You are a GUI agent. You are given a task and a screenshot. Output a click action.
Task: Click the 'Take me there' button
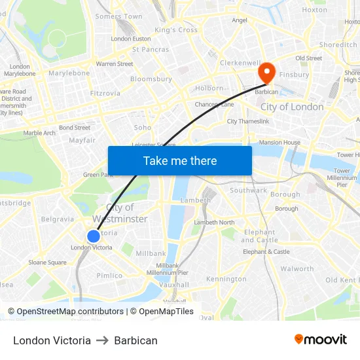[180, 160]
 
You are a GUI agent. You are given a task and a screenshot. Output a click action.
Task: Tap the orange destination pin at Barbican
[267, 72]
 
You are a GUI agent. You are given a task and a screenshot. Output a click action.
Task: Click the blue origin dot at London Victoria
[94, 236]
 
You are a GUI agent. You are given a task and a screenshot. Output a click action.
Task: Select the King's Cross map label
[175, 30]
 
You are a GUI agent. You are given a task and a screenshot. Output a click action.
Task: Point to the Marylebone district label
[69, 73]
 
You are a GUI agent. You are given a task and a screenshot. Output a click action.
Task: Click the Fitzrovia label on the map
[105, 93]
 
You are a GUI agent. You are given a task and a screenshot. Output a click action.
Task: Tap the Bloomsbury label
[151, 79]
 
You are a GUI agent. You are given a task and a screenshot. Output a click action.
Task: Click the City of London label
[292, 107]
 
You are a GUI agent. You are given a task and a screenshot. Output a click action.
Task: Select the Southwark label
[248, 190]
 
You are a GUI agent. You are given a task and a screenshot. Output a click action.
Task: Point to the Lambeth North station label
[214, 223]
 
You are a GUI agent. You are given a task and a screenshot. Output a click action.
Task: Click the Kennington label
[226, 279]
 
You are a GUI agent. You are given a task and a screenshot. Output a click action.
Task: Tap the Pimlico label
[109, 276]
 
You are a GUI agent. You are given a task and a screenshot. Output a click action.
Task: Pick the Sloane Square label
[47, 262]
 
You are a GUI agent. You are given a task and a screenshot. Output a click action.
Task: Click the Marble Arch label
[39, 133]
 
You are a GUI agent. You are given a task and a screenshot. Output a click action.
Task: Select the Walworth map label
[297, 268]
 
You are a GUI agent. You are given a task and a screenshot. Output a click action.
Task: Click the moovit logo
[321, 340]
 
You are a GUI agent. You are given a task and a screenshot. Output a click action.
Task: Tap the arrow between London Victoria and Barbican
[102, 340]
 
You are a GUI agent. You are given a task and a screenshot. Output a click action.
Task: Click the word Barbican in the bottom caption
[135, 340]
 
